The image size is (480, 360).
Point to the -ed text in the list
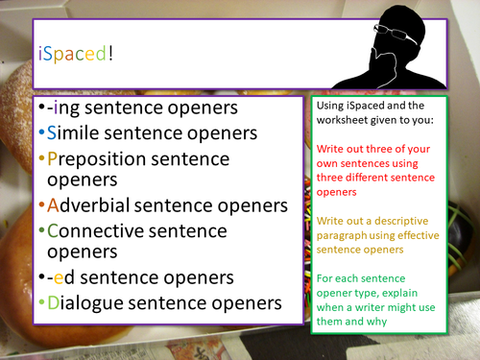(x=60, y=278)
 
